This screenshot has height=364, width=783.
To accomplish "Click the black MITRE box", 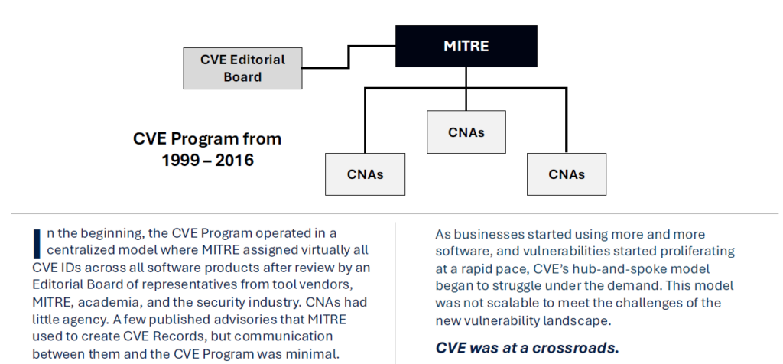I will pos(466,46).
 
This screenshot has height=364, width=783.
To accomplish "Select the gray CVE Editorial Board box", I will pos(242,67).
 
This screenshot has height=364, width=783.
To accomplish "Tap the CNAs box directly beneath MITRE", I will pos(466,132).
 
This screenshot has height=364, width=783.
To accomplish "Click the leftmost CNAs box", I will pos(365,174).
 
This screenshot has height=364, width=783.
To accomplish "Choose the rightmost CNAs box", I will pos(567,174).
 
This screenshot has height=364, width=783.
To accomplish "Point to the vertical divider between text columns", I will pos(395,291).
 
